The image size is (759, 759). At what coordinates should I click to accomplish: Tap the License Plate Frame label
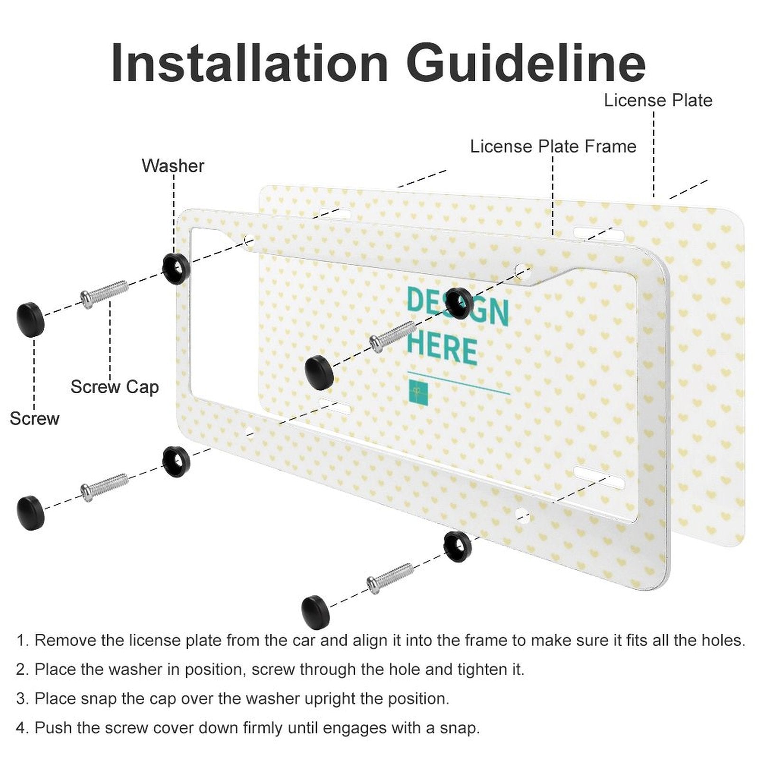click(x=553, y=146)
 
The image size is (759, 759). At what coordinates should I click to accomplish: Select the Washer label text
click(x=173, y=166)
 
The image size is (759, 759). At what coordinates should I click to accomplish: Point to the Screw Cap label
click(x=114, y=387)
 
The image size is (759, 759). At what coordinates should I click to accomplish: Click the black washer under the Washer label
click(x=176, y=268)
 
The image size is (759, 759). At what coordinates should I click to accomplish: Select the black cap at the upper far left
click(x=31, y=319)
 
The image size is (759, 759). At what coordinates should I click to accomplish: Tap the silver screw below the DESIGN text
click(x=393, y=336)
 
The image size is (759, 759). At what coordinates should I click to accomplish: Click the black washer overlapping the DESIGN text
click(x=459, y=303)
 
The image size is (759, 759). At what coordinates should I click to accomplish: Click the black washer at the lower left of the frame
click(x=176, y=461)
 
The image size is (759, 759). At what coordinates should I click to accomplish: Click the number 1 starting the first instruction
click(x=21, y=641)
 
